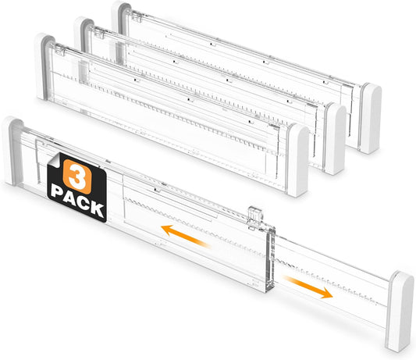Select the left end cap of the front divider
coord(13,151)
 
